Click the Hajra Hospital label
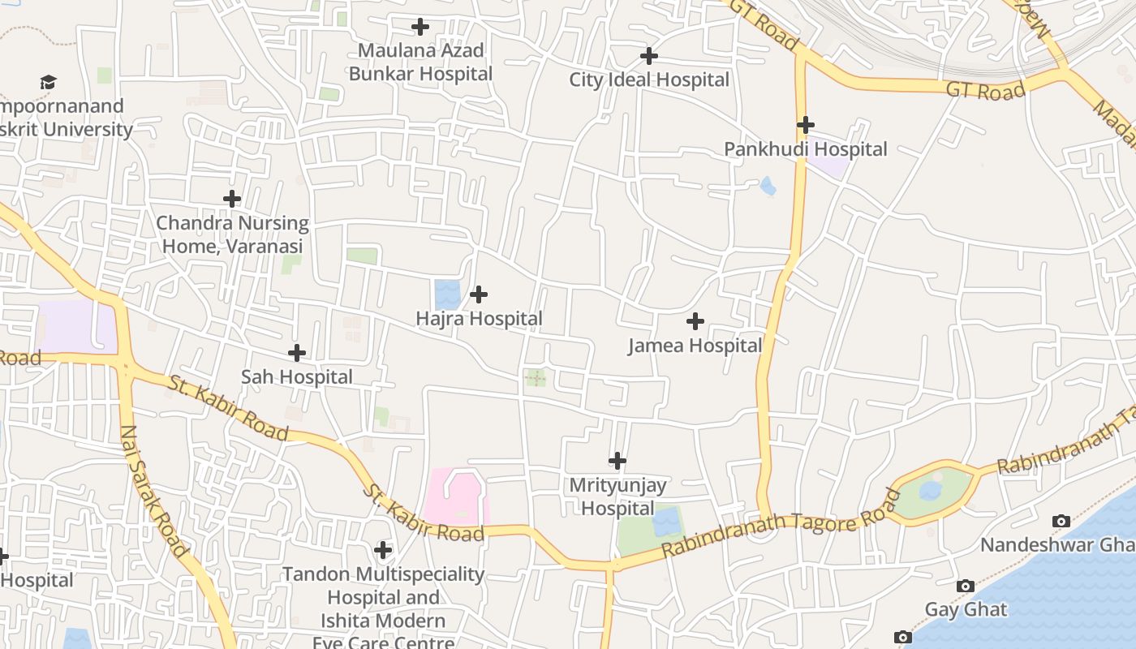click(479, 319)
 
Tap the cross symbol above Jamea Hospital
click(695, 321)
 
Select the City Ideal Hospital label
click(649, 80)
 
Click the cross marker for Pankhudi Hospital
click(805, 125)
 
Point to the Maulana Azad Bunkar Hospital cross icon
click(420, 27)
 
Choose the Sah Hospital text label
click(297, 377)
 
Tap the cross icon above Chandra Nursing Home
click(232, 198)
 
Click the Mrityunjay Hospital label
click(617, 496)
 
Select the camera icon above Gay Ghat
click(965, 586)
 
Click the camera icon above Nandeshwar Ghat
click(1061, 521)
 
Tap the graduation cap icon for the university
click(48, 82)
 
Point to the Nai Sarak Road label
click(153, 490)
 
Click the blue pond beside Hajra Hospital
click(446, 294)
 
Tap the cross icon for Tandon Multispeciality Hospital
click(383, 551)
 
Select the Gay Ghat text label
click(966, 609)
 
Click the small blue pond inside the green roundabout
click(931, 491)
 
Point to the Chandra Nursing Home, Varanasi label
click(232, 234)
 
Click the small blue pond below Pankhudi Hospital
click(768, 187)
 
